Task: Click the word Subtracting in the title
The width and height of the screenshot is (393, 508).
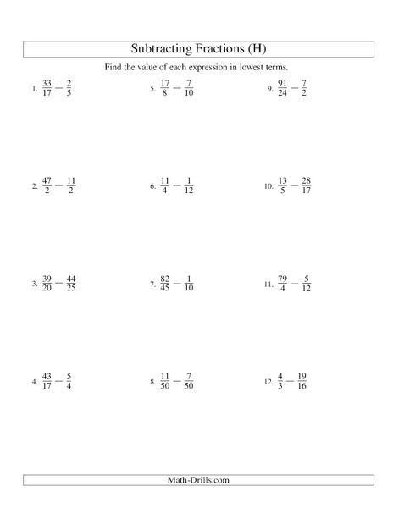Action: pos(163,48)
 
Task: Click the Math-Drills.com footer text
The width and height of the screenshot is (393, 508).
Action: pos(196,480)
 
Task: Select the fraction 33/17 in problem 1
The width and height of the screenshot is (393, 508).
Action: pos(47,87)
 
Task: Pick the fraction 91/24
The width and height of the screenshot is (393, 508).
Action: pos(284,87)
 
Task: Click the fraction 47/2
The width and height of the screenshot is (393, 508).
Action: pos(47,185)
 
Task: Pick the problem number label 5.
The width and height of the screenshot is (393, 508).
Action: pos(152,89)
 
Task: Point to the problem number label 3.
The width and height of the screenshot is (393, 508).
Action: pos(34,284)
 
